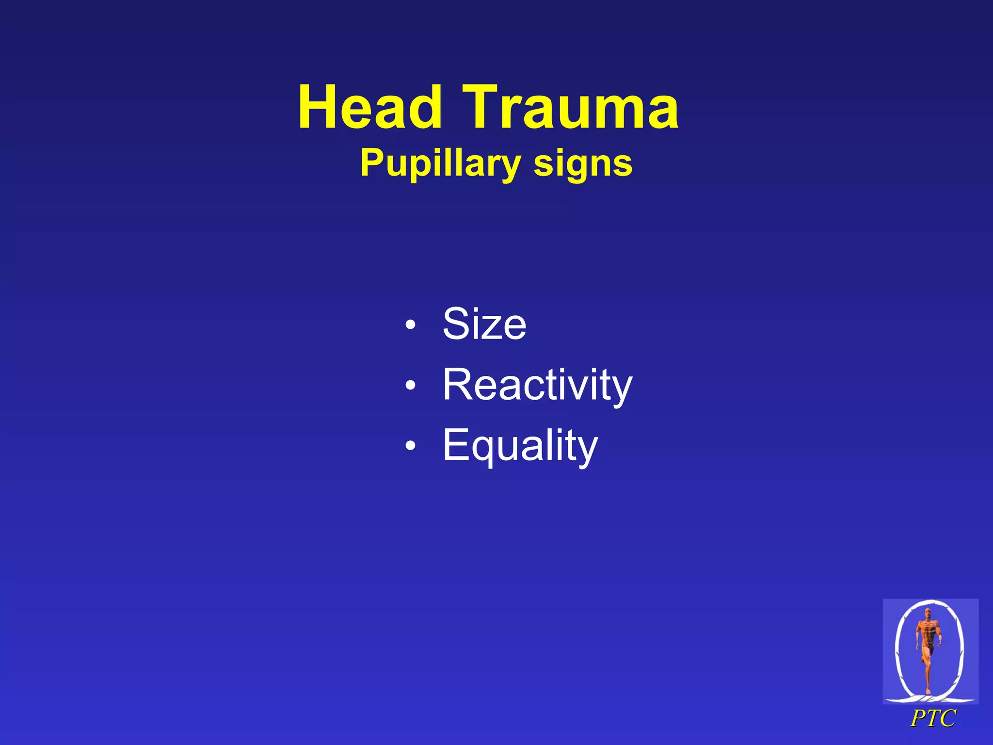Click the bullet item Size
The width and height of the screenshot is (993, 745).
coord(484,324)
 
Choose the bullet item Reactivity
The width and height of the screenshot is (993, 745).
coord(537,385)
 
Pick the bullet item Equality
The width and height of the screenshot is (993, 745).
coord(520,445)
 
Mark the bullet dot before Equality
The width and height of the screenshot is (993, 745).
coord(411,446)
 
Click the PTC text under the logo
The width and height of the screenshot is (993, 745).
coord(932,718)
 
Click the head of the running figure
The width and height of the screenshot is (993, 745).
coord(928,613)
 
